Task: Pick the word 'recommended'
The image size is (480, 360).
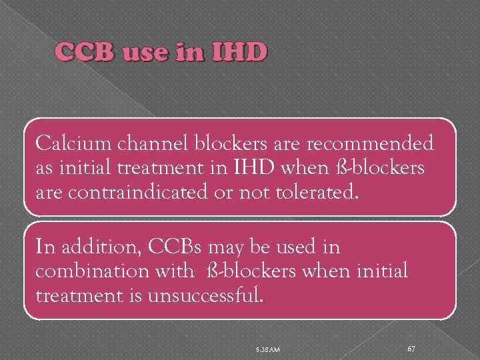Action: click(x=377, y=143)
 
